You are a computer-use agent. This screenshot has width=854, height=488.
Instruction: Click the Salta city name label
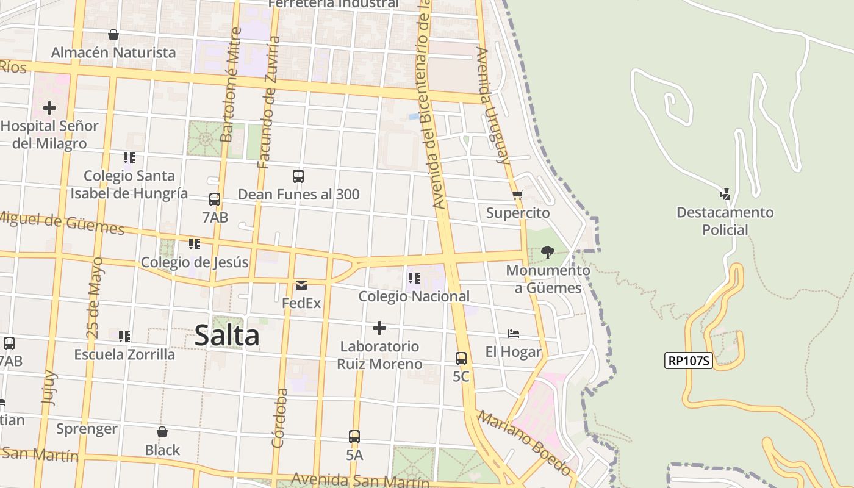click(x=227, y=336)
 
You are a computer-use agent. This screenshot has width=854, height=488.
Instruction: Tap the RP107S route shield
click(x=689, y=361)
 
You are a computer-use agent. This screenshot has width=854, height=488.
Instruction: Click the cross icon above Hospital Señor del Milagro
click(x=49, y=108)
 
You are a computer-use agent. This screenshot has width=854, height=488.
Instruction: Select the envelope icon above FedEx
click(x=301, y=285)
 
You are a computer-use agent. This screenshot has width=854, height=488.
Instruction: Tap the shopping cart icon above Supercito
click(x=518, y=195)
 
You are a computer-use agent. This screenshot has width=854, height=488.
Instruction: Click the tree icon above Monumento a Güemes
click(x=547, y=252)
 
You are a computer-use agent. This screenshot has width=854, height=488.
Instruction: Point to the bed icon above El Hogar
click(x=514, y=334)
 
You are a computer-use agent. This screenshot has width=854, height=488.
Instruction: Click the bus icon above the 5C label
click(x=461, y=359)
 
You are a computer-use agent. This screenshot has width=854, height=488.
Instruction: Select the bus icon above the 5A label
click(x=354, y=437)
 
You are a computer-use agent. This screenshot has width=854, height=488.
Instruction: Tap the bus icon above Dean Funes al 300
click(x=298, y=176)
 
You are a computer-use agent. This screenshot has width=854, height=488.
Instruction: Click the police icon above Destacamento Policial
click(x=725, y=195)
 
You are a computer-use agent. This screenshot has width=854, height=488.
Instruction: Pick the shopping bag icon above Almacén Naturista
click(x=113, y=35)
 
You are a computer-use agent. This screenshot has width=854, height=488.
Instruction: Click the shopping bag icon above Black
click(x=162, y=432)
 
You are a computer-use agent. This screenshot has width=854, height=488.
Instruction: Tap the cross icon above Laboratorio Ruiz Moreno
click(x=379, y=328)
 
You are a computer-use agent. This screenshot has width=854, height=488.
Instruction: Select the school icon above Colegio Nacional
click(x=414, y=278)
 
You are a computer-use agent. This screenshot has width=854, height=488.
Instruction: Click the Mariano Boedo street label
click(x=525, y=443)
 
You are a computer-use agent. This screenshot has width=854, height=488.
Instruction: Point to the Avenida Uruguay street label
click(x=493, y=106)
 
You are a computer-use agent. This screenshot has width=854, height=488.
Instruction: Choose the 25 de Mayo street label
click(x=95, y=298)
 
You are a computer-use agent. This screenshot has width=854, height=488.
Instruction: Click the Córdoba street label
click(x=279, y=418)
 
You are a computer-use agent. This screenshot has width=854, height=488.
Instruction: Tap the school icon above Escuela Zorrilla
click(x=124, y=336)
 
